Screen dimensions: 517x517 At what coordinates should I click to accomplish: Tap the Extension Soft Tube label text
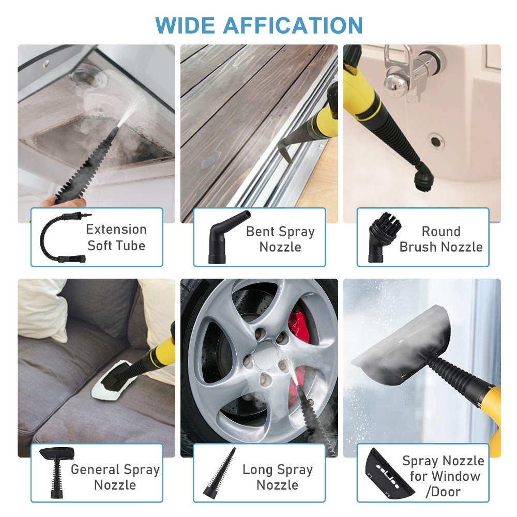[x=116, y=237]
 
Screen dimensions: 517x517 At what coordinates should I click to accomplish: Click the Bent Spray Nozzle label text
[x=280, y=239]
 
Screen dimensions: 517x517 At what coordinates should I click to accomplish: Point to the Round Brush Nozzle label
[x=440, y=239]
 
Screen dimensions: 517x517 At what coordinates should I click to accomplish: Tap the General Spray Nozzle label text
[x=115, y=477]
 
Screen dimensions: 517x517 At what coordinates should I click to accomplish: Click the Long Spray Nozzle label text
[x=278, y=477]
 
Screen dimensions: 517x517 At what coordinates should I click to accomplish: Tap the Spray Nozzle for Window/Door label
[x=443, y=476]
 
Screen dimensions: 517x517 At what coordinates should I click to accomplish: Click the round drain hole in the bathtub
[x=437, y=140]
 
